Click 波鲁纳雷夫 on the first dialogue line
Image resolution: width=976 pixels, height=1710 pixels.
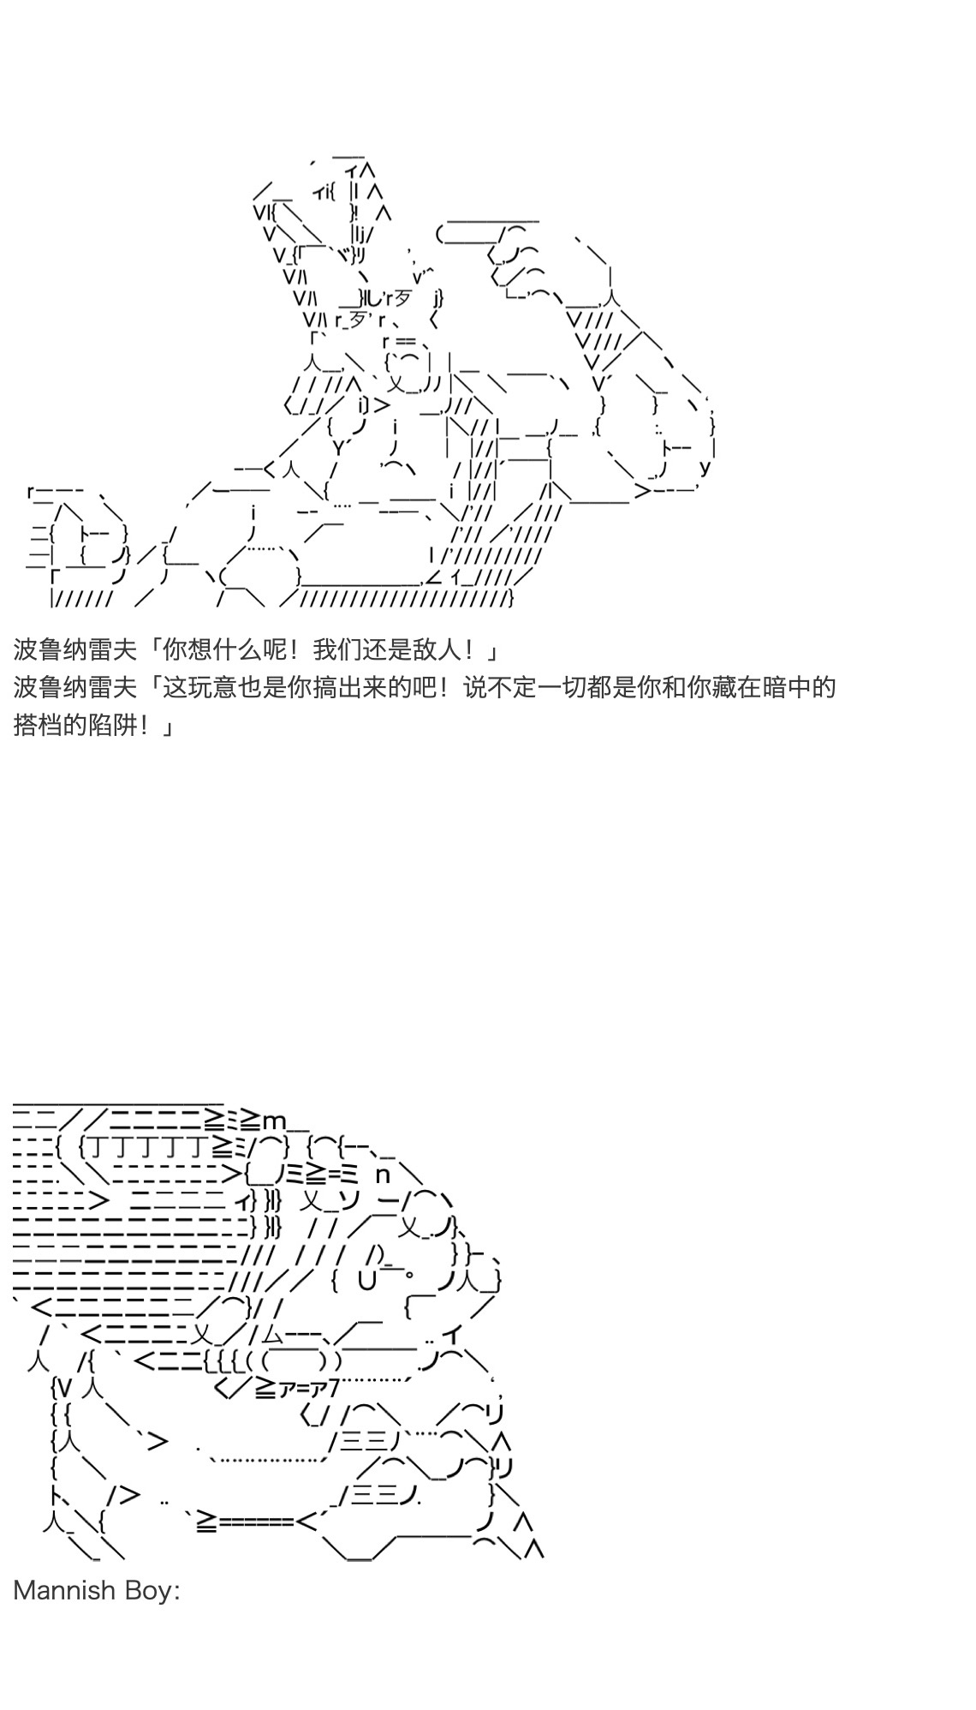coord(74,649)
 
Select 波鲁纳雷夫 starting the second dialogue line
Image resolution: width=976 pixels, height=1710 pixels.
coord(74,687)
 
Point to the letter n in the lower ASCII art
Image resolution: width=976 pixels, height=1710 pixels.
coord(383,1175)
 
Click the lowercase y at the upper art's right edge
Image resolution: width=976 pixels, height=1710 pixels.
coord(705,468)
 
